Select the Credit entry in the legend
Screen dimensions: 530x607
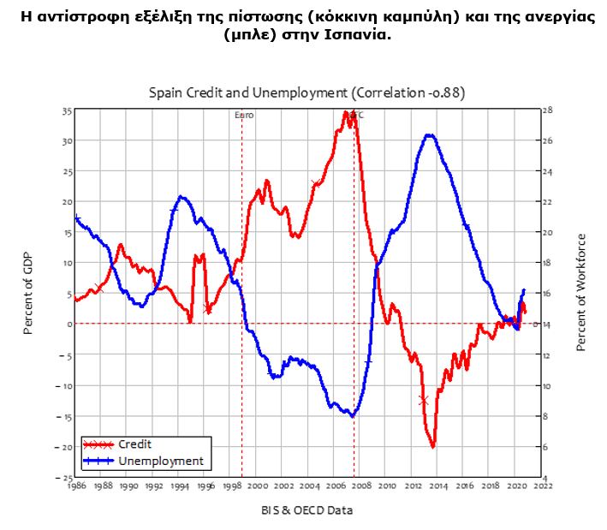click(134, 444)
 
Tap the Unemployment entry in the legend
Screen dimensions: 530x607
click(160, 461)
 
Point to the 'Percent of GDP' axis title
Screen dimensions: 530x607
click(28, 294)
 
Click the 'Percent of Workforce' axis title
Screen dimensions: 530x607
click(581, 292)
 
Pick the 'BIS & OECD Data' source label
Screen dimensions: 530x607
click(306, 510)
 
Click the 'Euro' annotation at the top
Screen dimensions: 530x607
click(244, 115)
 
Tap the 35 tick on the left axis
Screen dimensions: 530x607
click(66, 111)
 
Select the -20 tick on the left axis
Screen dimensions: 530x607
click(63, 447)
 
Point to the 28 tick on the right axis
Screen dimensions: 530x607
click(548, 110)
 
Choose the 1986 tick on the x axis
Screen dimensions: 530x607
click(76, 485)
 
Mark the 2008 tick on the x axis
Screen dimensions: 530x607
click(362, 485)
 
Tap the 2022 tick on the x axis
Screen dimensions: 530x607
click(543, 485)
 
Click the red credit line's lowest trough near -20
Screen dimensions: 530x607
click(433, 446)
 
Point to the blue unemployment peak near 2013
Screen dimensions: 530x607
click(430, 134)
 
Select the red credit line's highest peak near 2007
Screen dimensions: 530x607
click(347, 112)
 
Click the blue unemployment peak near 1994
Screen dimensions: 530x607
click(182, 196)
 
